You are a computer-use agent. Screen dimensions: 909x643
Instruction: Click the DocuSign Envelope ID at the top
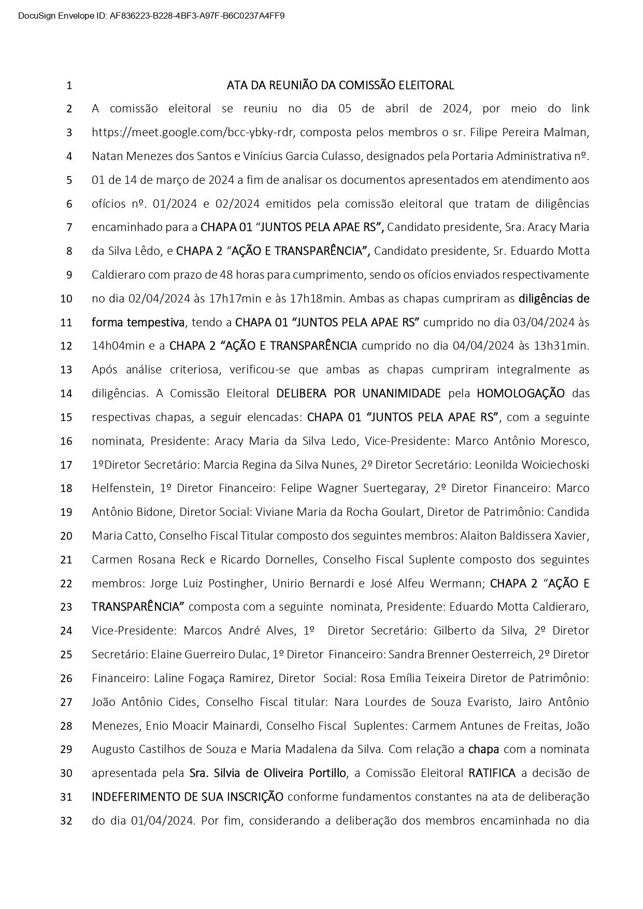coord(151,16)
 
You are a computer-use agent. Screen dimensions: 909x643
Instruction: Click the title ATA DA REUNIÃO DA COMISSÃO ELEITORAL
coord(340,85)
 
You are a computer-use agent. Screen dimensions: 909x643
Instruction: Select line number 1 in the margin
coord(69,85)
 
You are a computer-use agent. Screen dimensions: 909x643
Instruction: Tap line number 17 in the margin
coord(66,465)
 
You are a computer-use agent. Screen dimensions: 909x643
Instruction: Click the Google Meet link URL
coord(193,133)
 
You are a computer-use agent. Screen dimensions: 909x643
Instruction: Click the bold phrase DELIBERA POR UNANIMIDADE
coord(359,394)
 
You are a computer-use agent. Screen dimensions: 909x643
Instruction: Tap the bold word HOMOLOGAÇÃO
coord(521,394)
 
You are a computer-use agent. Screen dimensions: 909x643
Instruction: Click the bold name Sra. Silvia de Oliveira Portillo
coord(268,773)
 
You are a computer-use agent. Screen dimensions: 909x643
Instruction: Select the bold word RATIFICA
coord(492,773)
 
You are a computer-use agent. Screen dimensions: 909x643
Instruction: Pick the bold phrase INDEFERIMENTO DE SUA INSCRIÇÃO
coord(188,797)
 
